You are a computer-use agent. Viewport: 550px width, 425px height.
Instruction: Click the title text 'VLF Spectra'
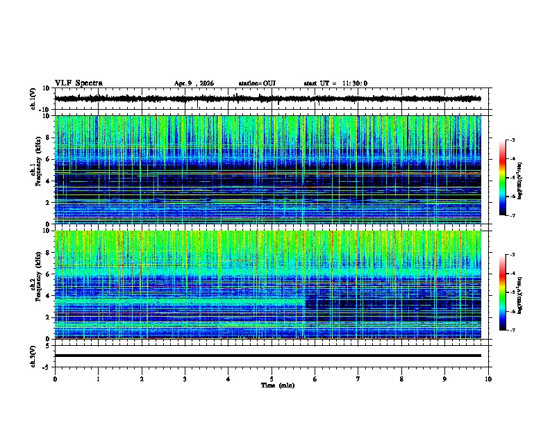[78, 83]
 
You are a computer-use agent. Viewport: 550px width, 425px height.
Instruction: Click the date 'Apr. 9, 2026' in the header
[194, 83]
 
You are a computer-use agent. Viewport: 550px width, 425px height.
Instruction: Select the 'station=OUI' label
[257, 83]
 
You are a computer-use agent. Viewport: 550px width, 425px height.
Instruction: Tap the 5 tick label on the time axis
[272, 378]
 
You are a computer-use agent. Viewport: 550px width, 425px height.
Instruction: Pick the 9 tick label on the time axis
[445, 378]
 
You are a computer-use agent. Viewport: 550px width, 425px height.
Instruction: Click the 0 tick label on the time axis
[55, 378]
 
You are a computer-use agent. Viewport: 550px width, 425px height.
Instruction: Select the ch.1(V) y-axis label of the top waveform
[33, 99]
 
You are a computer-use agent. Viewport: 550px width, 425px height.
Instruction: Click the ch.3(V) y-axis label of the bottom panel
[33, 355]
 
